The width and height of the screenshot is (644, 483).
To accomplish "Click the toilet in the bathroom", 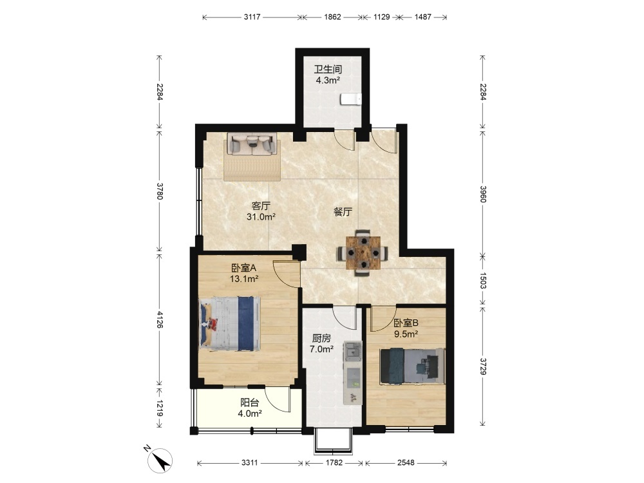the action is click(x=351, y=99).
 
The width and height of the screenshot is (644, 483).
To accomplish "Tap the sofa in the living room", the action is click(x=252, y=144).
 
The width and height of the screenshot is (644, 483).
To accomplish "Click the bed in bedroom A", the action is click(x=230, y=324).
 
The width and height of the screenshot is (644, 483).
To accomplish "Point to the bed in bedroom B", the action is click(x=412, y=366).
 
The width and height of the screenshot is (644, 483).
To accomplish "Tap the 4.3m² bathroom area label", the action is click(x=328, y=80).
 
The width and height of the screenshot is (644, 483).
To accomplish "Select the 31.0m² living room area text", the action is click(x=261, y=217).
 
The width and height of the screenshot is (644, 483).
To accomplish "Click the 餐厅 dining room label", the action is click(x=343, y=213).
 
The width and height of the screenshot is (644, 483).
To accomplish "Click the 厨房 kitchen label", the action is click(x=321, y=339).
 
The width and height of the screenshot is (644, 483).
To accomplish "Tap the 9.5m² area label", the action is click(x=406, y=334).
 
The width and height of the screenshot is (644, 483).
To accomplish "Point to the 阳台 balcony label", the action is click(x=250, y=403).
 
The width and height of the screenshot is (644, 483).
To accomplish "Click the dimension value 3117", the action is click(x=252, y=17).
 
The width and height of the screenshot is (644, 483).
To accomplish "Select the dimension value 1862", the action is click(x=333, y=17).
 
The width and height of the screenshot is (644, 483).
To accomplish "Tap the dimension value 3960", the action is click(x=483, y=194).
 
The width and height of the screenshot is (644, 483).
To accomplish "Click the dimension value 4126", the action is click(x=160, y=319).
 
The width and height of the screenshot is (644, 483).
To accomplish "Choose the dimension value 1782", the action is click(x=334, y=463).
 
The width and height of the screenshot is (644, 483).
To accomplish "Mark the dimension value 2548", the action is click(x=406, y=463).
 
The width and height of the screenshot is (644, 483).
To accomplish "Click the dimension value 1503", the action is click(x=483, y=281).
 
